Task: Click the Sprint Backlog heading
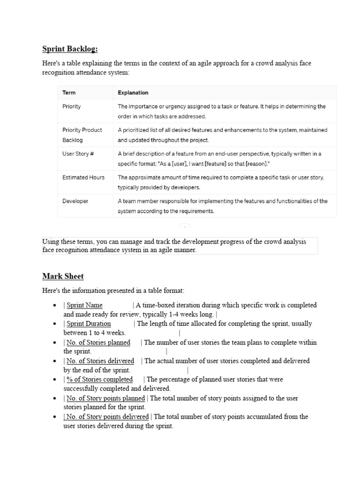point(70,49)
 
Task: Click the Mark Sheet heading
point(63,276)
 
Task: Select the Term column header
point(68,93)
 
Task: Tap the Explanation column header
point(133,93)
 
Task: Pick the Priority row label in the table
point(71,106)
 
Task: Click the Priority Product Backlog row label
point(82,135)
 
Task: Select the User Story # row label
point(78,154)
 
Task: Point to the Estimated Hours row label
point(83,178)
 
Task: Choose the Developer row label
point(75,201)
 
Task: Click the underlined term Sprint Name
point(84,305)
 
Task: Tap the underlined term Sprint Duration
point(89,323)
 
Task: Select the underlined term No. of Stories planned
point(98,342)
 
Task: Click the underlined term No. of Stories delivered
point(100,361)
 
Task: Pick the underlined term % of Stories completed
point(99,379)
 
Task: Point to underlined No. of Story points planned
point(105,398)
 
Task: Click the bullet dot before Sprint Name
point(56,306)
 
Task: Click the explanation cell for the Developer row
point(223,206)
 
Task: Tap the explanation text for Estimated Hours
point(220,182)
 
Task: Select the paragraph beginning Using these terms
point(174,246)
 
